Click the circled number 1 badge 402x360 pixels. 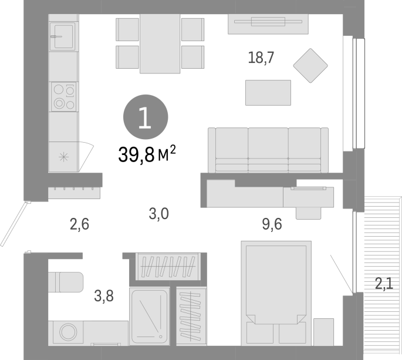click(146, 117)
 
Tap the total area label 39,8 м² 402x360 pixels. click(147, 154)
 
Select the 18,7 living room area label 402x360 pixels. click(261, 58)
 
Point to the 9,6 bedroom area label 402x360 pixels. click(272, 224)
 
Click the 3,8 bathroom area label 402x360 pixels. click(103, 296)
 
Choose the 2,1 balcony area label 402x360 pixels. click(384, 284)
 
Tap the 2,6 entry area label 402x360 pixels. click(79, 224)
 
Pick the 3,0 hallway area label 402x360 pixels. click(158, 214)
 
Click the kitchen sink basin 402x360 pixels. click(63, 36)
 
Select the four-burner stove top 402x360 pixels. click(63, 97)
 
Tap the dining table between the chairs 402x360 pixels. click(160, 43)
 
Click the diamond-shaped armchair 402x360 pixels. click(310, 65)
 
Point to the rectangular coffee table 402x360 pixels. click(268, 93)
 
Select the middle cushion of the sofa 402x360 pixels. click(268, 150)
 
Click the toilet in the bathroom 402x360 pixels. click(66, 282)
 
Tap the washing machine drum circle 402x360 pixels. click(68, 332)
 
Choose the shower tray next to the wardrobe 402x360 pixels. click(150, 317)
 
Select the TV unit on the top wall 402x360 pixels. click(268, 24)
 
